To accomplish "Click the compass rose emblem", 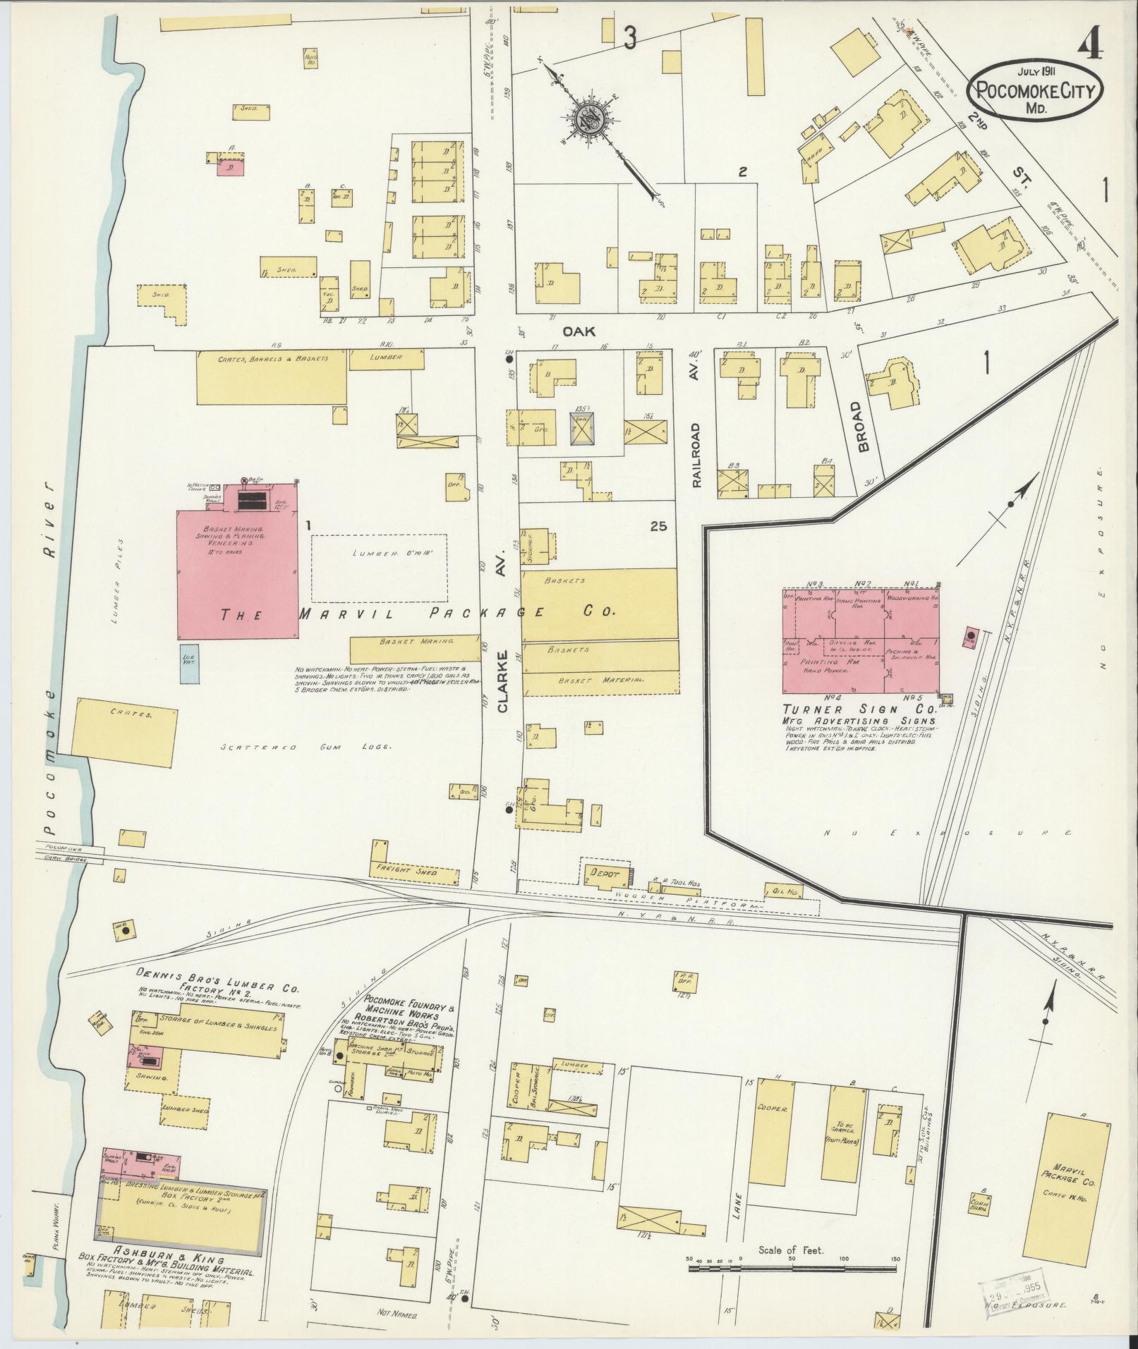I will pyautogui.click(x=591, y=119).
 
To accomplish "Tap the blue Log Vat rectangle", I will pyautogui.click(x=188, y=663).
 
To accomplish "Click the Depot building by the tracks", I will pyautogui.click(x=605, y=874).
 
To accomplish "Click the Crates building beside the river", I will pyautogui.click(x=125, y=731).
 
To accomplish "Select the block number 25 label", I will pyautogui.click(x=659, y=526).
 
